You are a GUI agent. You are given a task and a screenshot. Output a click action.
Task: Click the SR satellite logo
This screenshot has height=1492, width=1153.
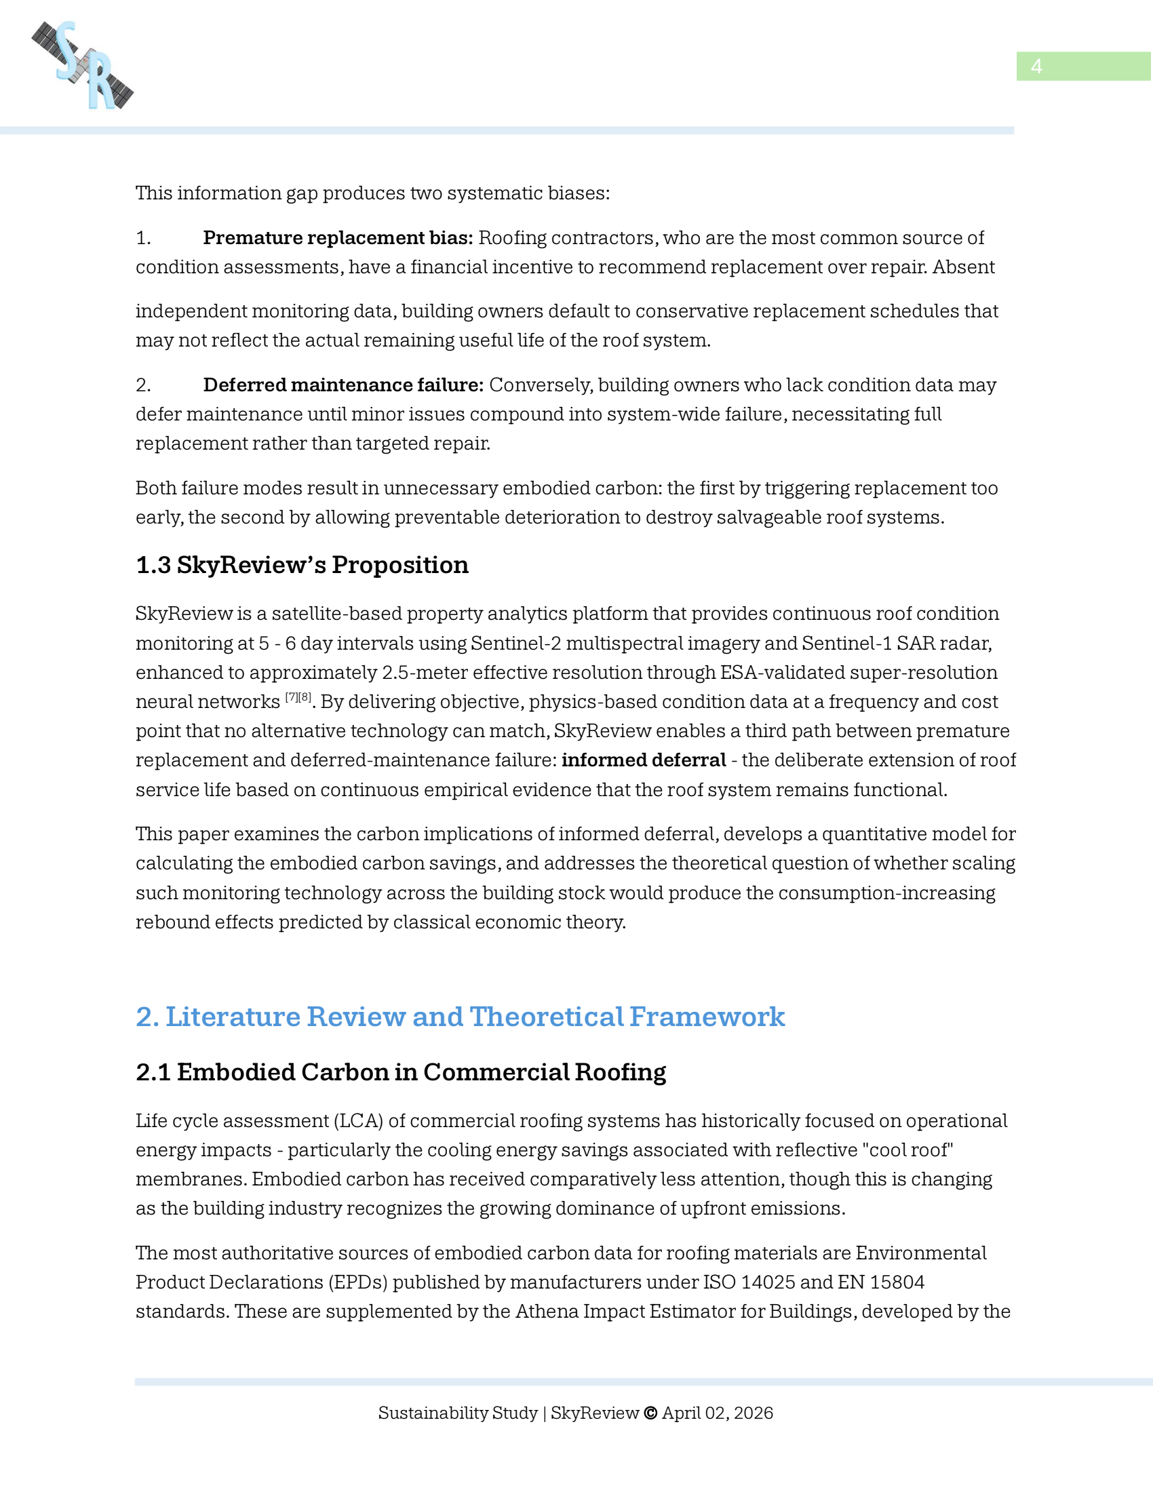[83, 65]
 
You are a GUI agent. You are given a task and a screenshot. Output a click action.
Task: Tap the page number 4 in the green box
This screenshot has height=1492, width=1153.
[1036, 66]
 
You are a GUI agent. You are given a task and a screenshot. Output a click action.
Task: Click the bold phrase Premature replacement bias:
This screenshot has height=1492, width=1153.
[338, 238]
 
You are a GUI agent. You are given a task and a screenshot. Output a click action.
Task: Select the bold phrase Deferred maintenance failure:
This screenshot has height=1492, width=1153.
[343, 385]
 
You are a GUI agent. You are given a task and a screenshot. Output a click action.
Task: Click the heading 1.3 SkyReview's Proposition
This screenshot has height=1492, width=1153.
[302, 565]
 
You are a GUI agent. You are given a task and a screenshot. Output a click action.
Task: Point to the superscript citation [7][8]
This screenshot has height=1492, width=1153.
[298, 697]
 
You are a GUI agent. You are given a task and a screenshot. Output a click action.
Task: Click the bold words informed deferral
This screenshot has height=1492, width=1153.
[644, 760]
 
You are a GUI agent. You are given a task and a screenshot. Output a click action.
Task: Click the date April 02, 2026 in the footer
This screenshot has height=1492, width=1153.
[717, 1413]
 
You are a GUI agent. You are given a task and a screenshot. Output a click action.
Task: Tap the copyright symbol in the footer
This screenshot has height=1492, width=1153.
[650, 1413]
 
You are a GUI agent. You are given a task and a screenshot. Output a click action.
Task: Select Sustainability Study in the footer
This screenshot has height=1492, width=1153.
[458, 1413]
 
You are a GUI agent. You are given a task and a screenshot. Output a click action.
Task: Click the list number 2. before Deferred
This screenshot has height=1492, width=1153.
[142, 385]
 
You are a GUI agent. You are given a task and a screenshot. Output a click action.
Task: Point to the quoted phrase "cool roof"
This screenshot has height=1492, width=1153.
[907, 1150]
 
